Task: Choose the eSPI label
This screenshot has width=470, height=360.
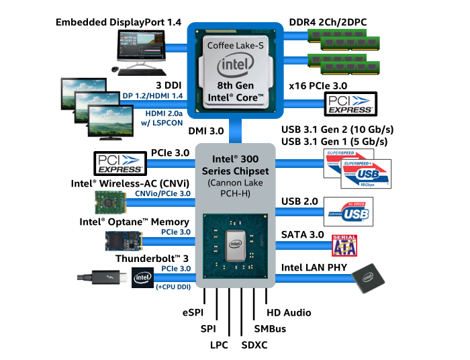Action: point(193,313)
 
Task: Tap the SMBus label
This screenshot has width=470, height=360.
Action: point(270,329)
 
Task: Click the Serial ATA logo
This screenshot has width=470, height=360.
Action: point(345,245)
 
